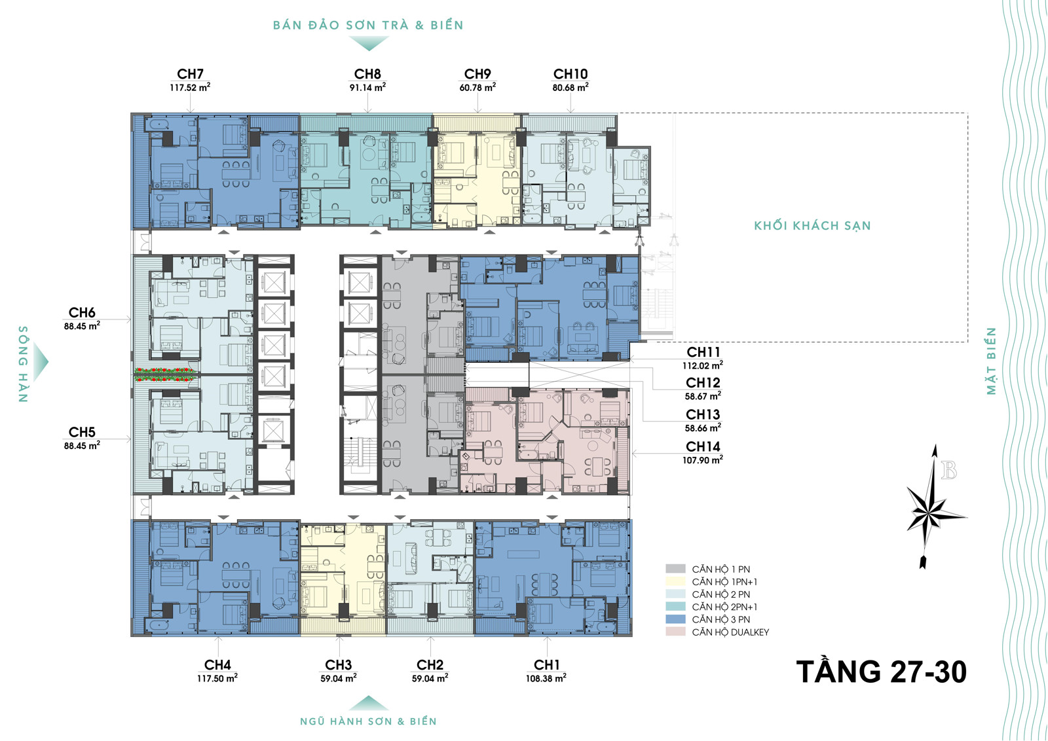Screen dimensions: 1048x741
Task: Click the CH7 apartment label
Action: tap(190, 74)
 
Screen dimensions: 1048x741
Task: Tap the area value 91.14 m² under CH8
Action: tap(367, 87)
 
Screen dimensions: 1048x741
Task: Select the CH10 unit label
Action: tap(571, 74)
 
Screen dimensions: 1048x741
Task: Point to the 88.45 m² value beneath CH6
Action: tap(82, 326)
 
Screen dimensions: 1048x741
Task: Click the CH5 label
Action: tap(82, 432)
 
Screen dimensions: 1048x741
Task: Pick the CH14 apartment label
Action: tap(703, 446)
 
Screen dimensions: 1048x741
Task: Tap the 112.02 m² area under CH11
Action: tap(703, 366)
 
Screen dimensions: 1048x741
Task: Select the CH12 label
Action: tap(703, 382)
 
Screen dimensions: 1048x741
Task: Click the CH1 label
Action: tap(546, 665)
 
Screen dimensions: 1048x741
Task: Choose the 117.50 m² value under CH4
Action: tap(217, 678)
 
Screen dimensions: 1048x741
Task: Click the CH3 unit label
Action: tap(338, 665)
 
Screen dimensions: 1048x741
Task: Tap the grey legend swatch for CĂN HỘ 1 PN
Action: tap(675, 569)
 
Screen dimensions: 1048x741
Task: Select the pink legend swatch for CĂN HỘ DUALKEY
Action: tap(675, 632)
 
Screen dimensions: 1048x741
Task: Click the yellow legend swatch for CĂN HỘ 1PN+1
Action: tap(675, 581)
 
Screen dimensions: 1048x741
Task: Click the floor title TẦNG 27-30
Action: tap(882, 672)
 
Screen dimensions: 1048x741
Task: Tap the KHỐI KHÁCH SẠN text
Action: tap(812, 226)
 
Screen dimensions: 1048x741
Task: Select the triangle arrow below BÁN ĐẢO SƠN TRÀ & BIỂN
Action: tap(369, 43)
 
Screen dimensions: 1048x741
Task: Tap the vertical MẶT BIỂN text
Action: tap(991, 361)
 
